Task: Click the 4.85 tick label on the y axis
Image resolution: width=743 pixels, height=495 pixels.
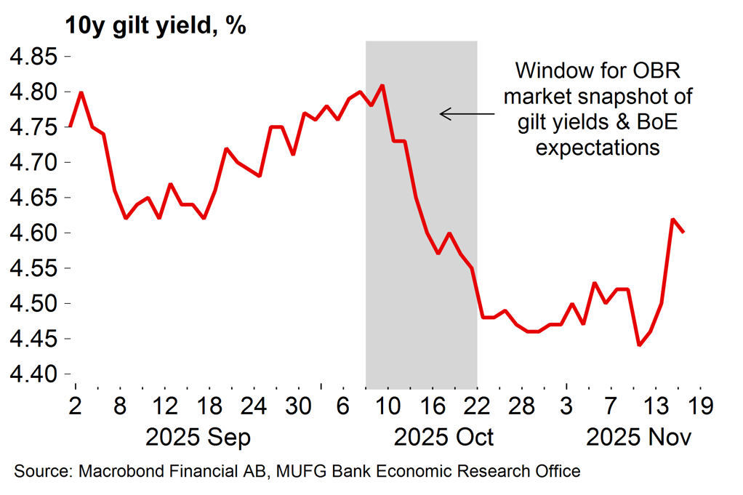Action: coord(31,57)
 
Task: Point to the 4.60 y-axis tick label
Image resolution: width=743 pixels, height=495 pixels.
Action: coord(31,233)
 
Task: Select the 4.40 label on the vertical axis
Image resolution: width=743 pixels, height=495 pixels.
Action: coord(31,374)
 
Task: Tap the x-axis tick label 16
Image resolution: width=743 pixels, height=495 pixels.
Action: coord(433,405)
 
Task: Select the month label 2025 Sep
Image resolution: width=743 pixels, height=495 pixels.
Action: coord(198,437)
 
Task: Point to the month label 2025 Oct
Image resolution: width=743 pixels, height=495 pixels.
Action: coord(443,437)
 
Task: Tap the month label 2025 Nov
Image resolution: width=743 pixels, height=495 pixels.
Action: coord(638,437)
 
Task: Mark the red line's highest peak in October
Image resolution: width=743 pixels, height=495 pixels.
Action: coord(382,85)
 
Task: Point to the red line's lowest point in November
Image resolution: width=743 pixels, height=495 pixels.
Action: coord(639,345)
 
